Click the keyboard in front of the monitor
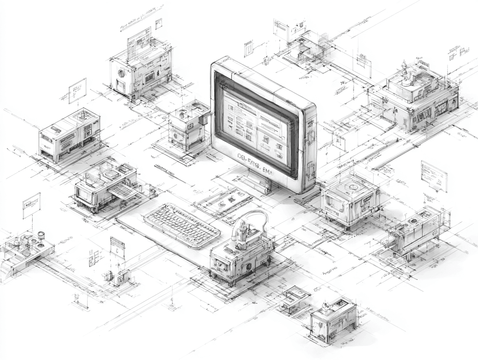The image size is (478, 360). (182, 225)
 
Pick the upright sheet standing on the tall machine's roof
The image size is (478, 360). (139, 42)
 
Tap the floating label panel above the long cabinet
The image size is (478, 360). (78, 91)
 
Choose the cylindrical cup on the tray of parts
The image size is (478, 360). (41, 235)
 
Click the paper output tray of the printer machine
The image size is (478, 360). (123, 190)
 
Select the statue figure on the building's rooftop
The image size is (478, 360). (405, 70)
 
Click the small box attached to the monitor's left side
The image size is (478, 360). (203, 120)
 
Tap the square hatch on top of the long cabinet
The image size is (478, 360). (83, 115)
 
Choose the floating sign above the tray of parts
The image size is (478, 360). (31, 205)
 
